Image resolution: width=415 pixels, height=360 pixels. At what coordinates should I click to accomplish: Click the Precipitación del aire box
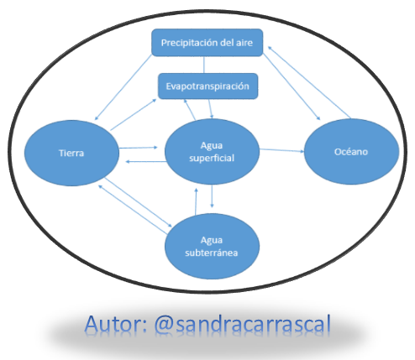tap(207, 43)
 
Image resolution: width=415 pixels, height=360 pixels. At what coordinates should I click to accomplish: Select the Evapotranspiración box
tap(207, 86)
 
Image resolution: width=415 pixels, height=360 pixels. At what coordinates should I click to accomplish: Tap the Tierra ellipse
tap(71, 153)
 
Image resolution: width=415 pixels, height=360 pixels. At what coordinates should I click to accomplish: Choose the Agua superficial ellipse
tap(212, 152)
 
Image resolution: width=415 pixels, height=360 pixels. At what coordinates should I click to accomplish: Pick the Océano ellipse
tap(351, 152)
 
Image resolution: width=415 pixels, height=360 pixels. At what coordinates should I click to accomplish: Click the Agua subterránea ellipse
tap(212, 247)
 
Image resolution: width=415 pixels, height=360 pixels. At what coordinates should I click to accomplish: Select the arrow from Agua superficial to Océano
tap(281, 150)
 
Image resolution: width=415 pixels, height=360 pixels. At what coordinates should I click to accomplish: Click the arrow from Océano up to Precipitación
tap(309, 82)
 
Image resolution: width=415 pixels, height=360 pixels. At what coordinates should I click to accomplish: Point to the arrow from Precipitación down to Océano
tap(292, 86)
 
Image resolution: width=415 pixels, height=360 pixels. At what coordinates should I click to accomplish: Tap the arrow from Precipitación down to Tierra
tap(123, 87)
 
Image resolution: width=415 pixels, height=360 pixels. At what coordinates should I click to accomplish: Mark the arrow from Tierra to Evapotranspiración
tap(134, 115)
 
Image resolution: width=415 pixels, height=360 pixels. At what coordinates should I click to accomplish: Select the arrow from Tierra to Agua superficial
tap(139, 148)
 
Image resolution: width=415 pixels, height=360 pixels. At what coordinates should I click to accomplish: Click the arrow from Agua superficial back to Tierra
tap(145, 162)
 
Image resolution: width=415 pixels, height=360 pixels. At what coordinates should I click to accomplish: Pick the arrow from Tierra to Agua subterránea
tap(139, 202)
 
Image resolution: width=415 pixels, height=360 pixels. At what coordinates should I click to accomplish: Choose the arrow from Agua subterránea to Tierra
tap(133, 209)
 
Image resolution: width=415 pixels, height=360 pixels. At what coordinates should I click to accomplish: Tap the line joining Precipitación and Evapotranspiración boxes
tap(204, 65)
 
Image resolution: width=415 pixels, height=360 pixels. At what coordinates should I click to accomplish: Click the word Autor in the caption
tap(115, 324)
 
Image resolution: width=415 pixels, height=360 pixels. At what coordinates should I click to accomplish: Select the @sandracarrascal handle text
tap(243, 324)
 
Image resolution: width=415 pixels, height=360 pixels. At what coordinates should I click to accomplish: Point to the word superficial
tap(212, 158)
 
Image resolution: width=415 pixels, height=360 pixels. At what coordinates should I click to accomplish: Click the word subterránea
tap(212, 253)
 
